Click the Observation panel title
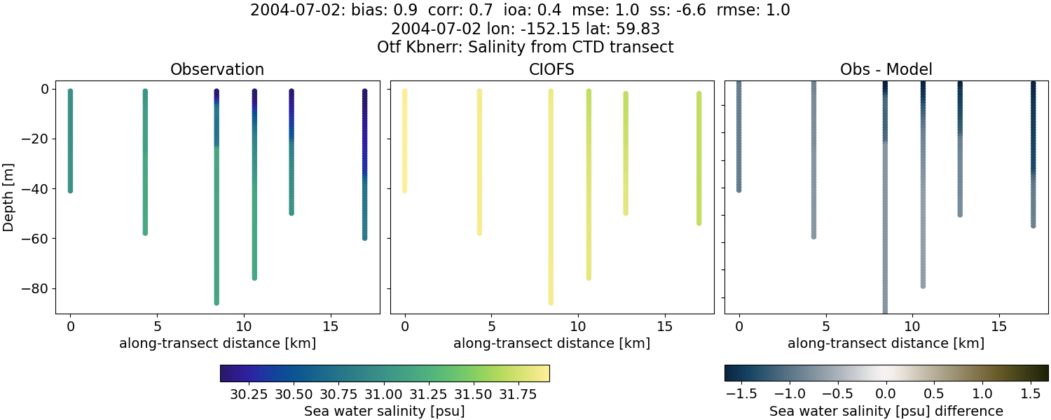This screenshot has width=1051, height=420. [x=217, y=70]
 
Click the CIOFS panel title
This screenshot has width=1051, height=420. [x=551, y=70]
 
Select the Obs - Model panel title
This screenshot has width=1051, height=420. [x=886, y=70]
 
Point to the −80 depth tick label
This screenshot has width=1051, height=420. [x=34, y=288]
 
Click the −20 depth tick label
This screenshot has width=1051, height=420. [x=34, y=139]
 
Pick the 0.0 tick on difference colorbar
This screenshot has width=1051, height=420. [x=886, y=394]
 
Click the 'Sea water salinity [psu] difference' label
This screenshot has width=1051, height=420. [x=886, y=411]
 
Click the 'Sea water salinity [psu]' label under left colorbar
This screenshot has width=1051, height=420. [x=384, y=411]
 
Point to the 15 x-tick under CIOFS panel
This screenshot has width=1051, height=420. [x=665, y=327]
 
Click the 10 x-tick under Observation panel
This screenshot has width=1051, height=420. [x=243, y=327]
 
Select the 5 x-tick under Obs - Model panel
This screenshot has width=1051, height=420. [x=826, y=327]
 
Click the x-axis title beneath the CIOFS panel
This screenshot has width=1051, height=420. [x=551, y=343]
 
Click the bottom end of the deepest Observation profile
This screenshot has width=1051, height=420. [x=217, y=302]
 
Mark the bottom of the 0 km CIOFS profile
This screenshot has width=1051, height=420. [x=404, y=190]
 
